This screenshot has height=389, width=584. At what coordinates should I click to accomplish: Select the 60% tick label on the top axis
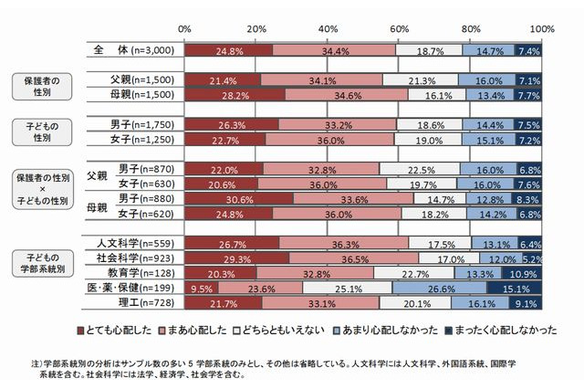tap(400, 29)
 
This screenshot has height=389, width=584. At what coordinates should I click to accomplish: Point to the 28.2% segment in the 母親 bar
tap(235, 94)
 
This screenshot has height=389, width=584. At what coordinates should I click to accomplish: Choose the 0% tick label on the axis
tap(184, 29)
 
